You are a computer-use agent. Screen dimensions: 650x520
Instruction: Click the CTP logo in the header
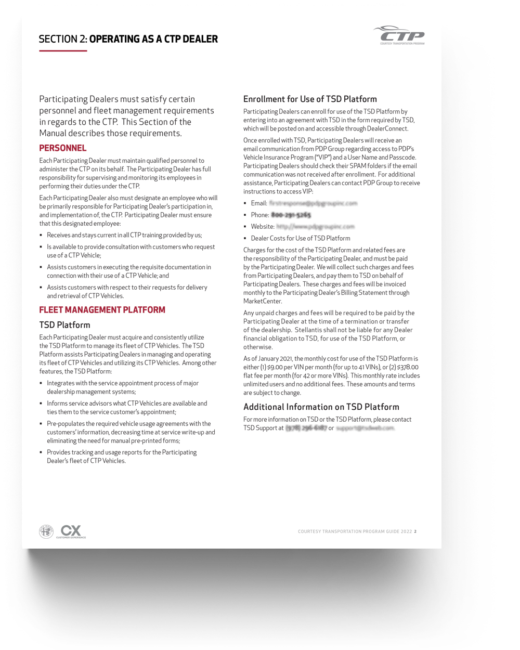point(399,35)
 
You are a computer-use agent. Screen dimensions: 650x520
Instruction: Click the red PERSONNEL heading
point(63,148)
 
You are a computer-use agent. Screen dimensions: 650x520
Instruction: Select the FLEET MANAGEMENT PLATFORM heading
point(102,310)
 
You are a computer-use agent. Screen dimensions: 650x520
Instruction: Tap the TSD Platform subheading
point(64,325)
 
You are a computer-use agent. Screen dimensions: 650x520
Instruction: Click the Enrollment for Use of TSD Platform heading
point(310,99)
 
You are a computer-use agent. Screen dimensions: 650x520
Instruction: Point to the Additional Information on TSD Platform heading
point(321,407)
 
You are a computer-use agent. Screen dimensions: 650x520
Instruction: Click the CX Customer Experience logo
point(71,531)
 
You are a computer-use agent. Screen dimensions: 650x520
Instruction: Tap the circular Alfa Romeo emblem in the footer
point(46,531)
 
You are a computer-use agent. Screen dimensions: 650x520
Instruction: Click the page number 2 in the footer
point(415,531)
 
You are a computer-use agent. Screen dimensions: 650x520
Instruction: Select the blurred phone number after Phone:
point(291,215)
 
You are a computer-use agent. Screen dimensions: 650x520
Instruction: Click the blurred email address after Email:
point(313,203)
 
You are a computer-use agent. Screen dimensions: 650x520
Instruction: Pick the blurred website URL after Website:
point(315,227)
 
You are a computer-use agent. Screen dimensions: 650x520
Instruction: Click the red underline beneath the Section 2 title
point(63,51)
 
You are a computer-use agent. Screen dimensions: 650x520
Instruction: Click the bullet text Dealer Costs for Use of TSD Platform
point(300,238)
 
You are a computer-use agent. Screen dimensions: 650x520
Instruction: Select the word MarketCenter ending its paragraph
point(263,301)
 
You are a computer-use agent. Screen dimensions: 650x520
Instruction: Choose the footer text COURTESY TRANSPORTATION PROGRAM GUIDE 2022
point(355,531)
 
